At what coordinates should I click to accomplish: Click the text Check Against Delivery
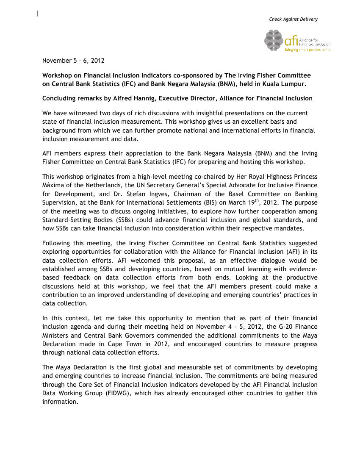(293, 19)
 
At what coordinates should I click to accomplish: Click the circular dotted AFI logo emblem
(274, 40)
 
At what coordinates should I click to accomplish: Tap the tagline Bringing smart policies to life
(307, 50)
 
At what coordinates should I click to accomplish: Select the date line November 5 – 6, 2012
(73, 61)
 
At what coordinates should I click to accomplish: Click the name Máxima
(52, 185)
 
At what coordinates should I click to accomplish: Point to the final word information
(60, 402)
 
